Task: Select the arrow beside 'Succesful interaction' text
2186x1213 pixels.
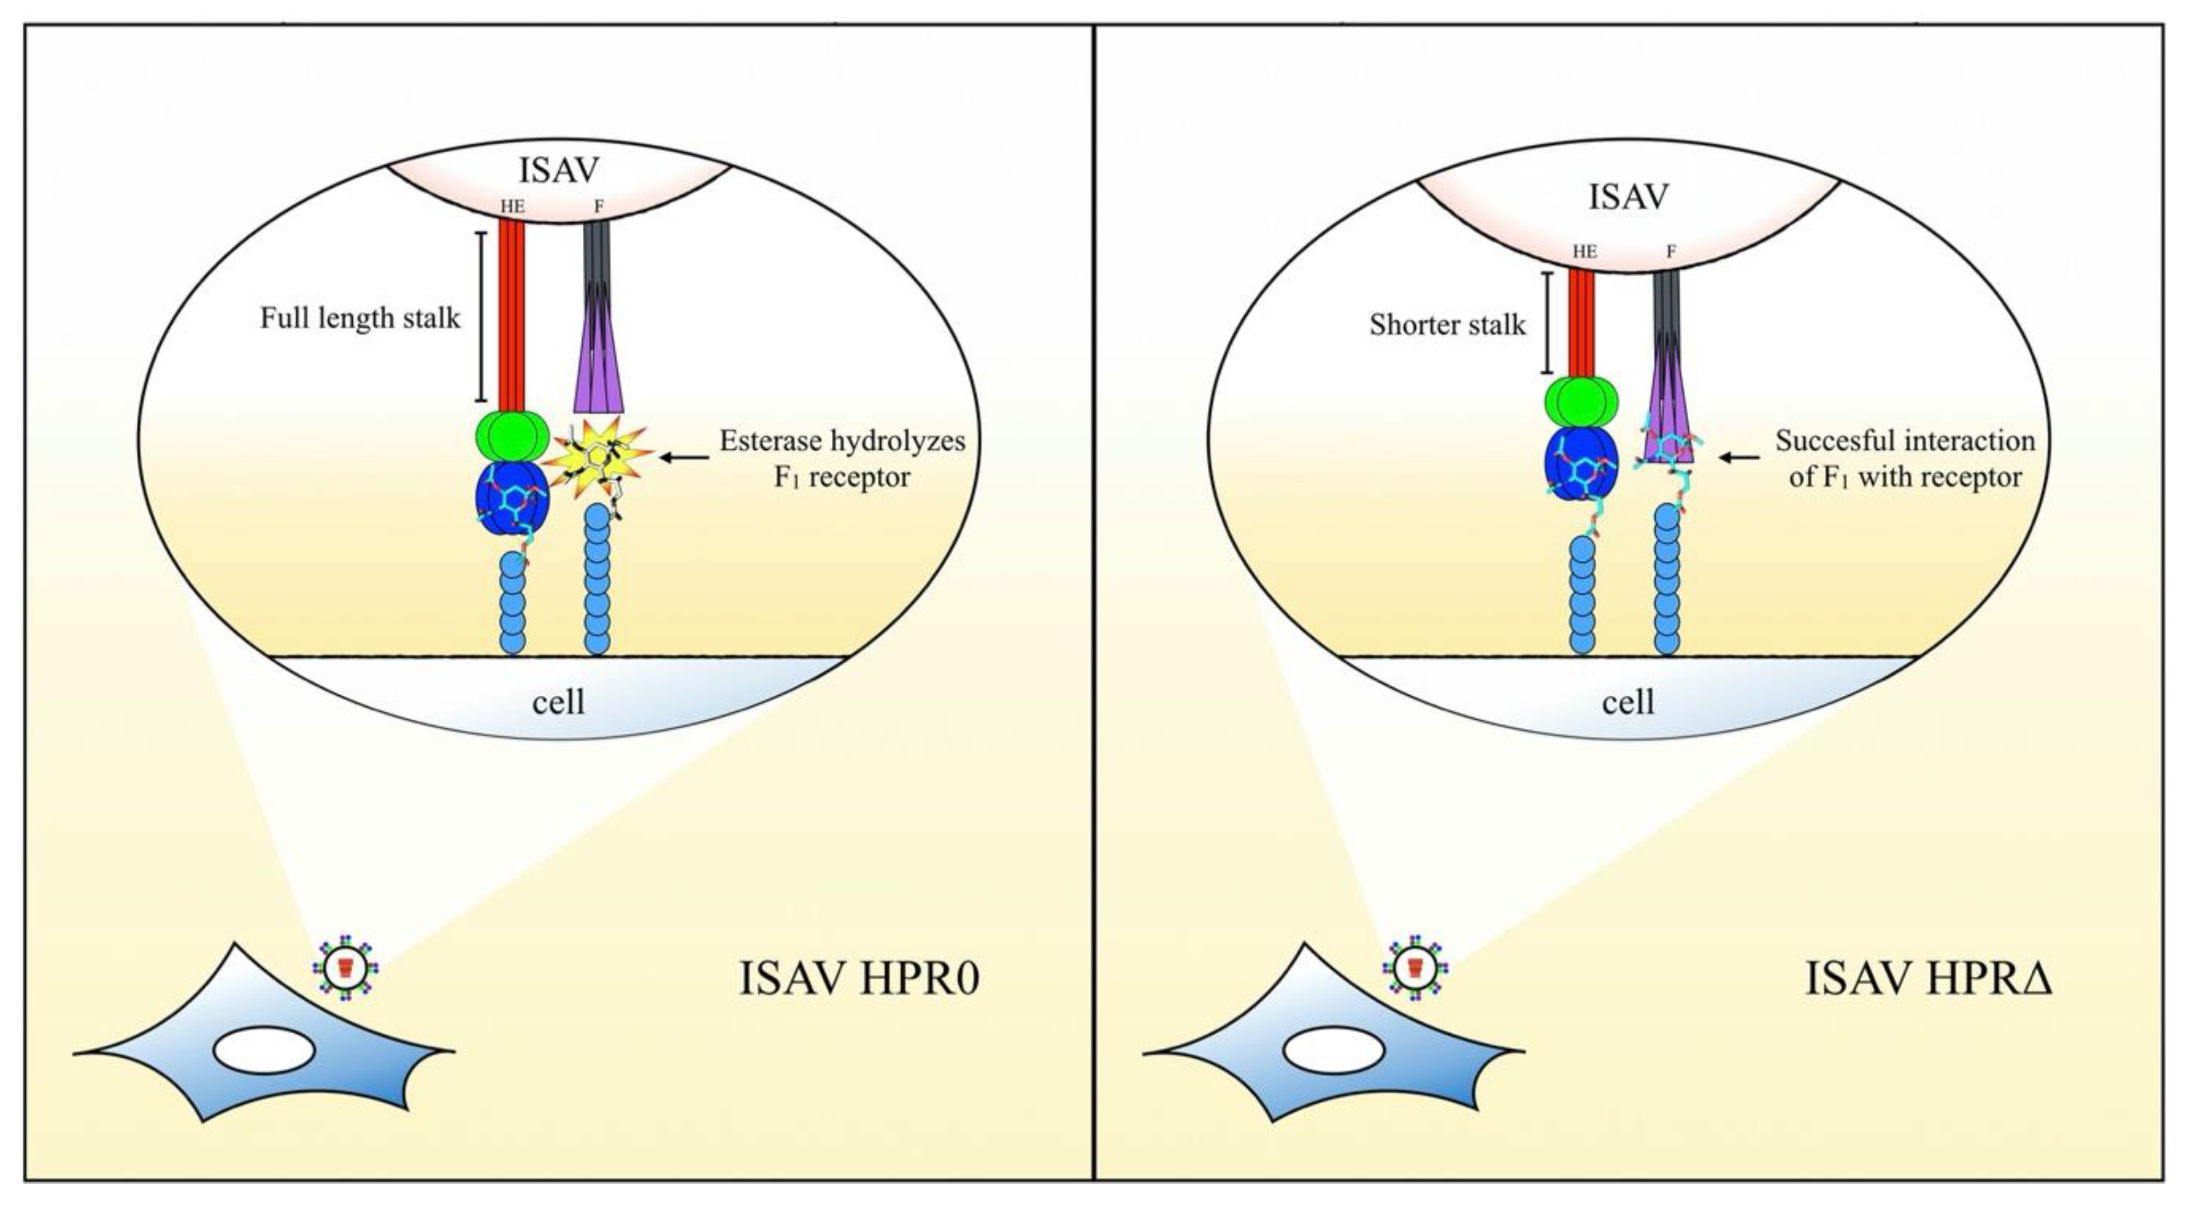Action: click(1739, 458)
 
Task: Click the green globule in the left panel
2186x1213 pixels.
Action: click(512, 435)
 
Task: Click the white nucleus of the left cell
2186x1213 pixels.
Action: click(264, 1052)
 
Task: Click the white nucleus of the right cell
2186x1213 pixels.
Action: click(1333, 1052)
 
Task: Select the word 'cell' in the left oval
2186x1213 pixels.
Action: click(558, 702)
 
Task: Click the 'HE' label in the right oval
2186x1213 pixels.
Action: click(1585, 252)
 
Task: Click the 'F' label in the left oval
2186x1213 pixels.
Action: click(598, 206)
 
